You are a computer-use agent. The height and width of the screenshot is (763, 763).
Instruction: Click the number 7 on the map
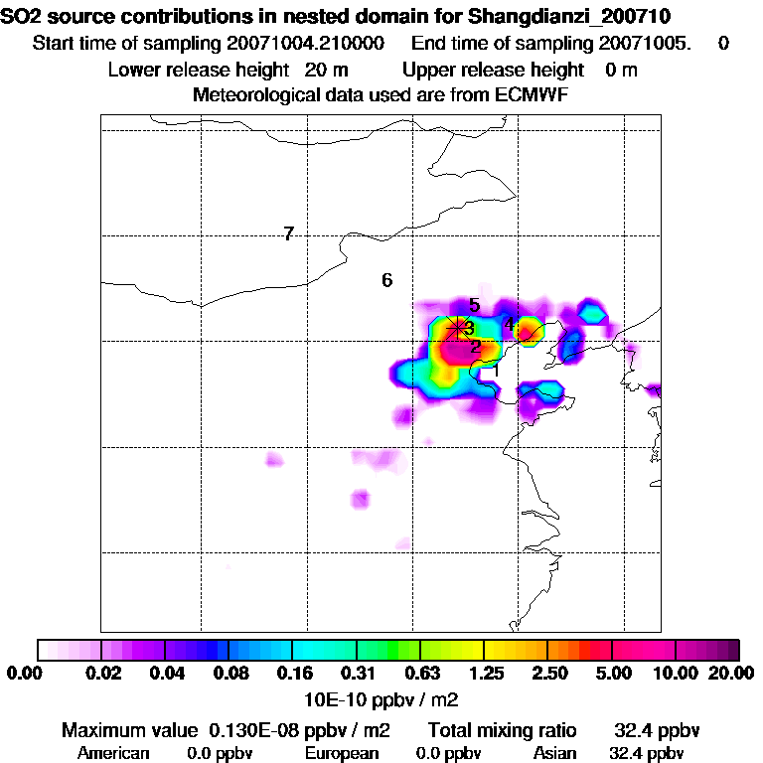click(288, 234)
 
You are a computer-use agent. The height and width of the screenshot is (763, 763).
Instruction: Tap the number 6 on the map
click(387, 280)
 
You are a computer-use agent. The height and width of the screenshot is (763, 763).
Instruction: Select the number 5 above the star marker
click(475, 306)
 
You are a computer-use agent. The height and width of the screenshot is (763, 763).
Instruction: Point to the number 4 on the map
click(509, 324)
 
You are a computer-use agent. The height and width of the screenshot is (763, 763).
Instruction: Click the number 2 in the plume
click(476, 347)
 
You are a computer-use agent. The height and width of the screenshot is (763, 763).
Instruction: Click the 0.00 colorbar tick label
click(20, 674)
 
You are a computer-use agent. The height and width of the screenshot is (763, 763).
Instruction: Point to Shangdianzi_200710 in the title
click(568, 16)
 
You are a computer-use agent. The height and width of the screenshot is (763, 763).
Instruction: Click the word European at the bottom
click(342, 753)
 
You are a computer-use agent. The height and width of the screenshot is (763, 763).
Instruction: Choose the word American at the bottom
click(113, 753)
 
